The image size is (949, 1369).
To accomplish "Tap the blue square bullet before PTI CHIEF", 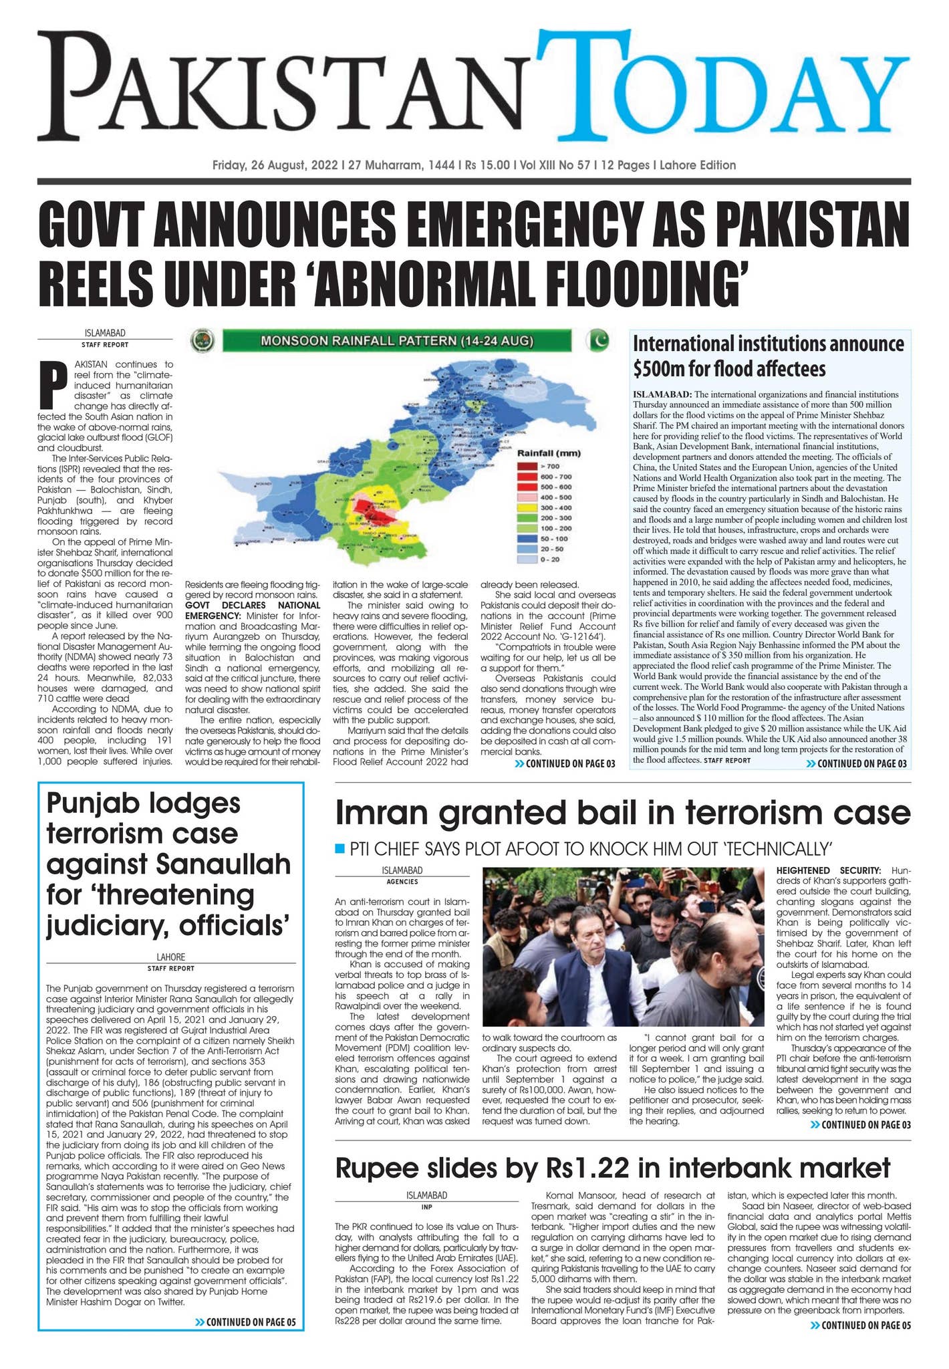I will coord(339,849).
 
